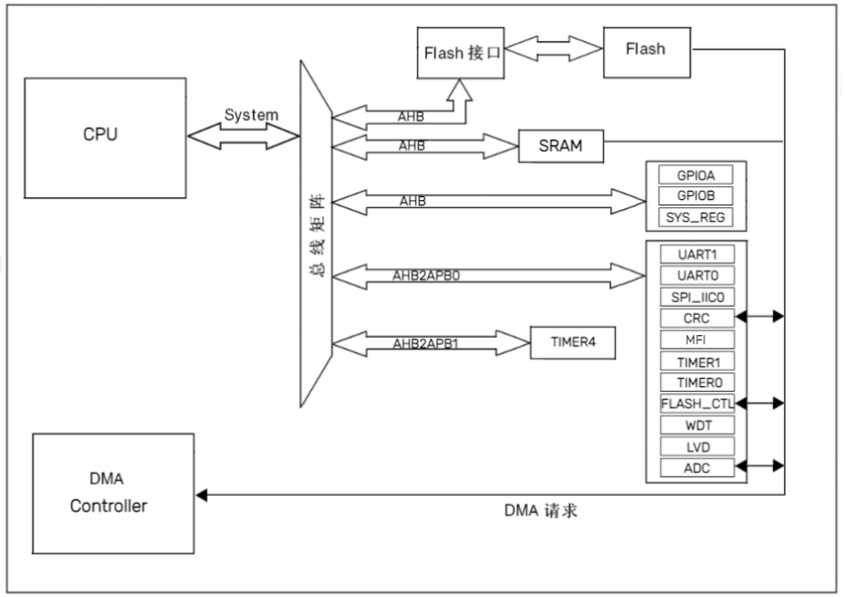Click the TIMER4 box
pyautogui.click(x=575, y=343)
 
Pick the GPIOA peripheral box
pyautogui.click(x=696, y=175)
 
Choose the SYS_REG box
pyautogui.click(x=696, y=217)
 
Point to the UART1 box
pyautogui.click(x=696, y=253)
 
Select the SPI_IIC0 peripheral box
pyautogui.click(x=696, y=296)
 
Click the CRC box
pyautogui.click(x=696, y=318)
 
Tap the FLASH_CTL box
pyautogui.click(x=697, y=403)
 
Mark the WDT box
pyautogui.click(x=696, y=424)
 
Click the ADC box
pyautogui.click(x=696, y=467)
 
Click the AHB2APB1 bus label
pyautogui.click(x=424, y=343)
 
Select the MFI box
pyautogui.click(x=696, y=339)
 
